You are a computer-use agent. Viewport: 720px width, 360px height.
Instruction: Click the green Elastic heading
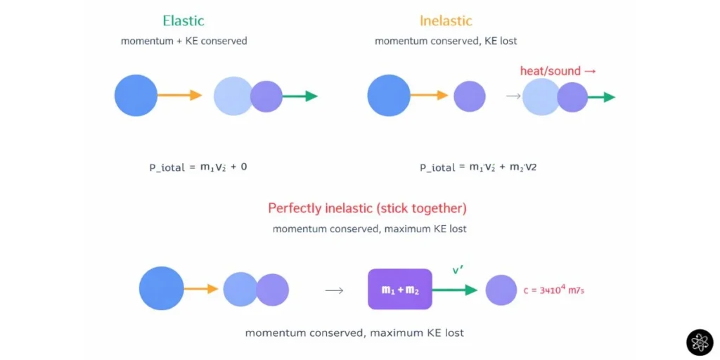click(184, 20)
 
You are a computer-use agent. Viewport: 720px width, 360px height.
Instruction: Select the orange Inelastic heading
click(446, 20)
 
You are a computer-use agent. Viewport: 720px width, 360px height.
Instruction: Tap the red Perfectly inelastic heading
click(367, 208)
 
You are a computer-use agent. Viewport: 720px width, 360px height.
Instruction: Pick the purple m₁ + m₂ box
click(399, 289)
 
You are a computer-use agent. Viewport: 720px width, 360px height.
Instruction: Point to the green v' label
click(458, 270)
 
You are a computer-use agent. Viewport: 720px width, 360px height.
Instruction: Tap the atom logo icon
click(700, 342)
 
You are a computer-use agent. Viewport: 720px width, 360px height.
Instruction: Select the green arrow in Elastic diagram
click(300, 96)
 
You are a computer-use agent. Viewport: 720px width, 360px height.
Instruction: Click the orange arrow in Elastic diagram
click(180, 96)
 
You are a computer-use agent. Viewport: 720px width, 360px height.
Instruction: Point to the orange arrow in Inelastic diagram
click(430, 96)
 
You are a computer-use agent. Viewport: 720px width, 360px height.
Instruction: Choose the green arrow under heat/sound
click(602, 97)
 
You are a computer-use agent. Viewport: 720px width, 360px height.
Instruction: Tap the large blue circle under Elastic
click(136, 96)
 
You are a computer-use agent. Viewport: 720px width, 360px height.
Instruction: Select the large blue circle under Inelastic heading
click(388, 96)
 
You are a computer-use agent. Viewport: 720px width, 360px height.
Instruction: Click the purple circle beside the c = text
click(501, 290)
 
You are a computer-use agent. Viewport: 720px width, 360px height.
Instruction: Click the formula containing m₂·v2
click(478, 167)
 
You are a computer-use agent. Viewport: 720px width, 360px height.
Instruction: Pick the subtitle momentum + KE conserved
click(184, 41)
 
